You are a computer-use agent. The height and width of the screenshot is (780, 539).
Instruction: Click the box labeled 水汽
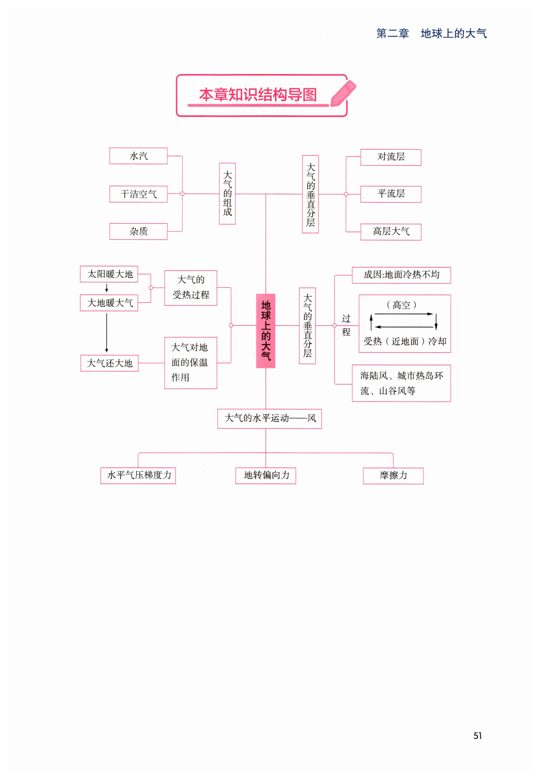(138, 156)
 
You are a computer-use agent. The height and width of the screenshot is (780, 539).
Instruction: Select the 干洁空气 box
(138, 194)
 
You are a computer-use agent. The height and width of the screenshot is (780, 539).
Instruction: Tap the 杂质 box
(138, 231)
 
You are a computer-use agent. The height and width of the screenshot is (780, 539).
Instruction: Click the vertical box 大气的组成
(227, 194)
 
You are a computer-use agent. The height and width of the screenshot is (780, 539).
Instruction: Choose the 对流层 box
(391, 157)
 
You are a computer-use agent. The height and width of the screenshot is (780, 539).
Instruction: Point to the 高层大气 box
(391, 232)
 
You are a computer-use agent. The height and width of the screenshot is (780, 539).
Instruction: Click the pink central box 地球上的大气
(266, 331)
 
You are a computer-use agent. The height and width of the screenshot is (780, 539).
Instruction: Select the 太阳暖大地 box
(109, 274)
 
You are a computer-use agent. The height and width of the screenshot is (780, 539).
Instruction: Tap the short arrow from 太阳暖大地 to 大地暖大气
(107, 288)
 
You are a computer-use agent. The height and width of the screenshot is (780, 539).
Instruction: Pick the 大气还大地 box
(110, 363)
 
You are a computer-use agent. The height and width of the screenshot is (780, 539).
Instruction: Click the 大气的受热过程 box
(191, 288)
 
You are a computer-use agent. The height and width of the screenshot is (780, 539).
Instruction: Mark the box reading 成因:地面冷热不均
(401, 275)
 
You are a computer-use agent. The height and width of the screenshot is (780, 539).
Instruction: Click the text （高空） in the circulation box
(401, 305)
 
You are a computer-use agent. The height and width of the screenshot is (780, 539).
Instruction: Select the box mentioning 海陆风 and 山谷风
(401, 383)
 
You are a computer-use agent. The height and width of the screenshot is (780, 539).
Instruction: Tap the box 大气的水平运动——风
(269, 419)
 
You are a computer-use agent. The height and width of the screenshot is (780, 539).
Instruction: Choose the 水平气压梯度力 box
(138, 476)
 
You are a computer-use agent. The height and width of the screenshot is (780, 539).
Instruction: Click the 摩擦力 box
(393, 476)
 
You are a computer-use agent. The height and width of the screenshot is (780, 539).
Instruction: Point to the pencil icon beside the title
(343, 93)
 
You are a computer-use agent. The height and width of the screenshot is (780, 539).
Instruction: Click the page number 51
(477, 736)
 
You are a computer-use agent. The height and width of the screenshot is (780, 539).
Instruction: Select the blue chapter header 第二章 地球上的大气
(432, 34)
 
